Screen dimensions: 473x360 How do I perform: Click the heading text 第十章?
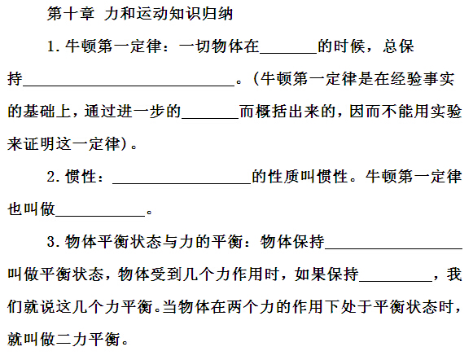pos(71,14)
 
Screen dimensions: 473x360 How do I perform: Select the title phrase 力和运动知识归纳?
pos(169,14)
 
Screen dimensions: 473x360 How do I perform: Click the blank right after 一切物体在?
pos(288,54)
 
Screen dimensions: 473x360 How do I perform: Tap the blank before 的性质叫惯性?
pos(182,183)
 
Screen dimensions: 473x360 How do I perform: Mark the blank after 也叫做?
pos(100,216)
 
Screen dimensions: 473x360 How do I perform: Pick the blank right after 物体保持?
pos(394,248)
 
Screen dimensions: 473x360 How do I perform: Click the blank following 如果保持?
pos(396,281)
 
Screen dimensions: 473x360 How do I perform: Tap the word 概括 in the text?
pos(271,112)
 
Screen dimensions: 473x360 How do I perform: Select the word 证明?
pos(39,144)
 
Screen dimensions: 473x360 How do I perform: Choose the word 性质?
pos(283,177)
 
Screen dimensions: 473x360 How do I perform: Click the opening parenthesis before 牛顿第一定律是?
pos(256,79)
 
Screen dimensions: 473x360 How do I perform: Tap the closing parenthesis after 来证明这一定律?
pos(124,144)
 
